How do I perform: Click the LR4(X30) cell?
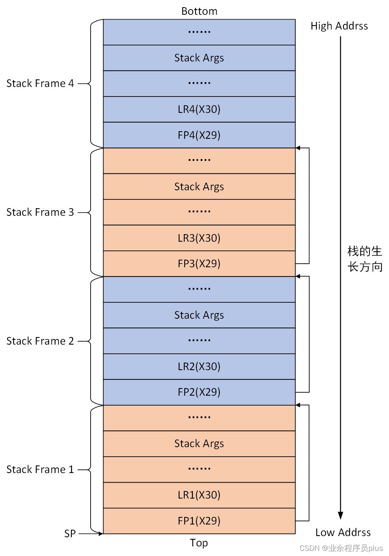click(199, 109)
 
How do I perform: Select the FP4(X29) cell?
click(199, 135)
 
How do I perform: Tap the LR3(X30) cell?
click(199, 238)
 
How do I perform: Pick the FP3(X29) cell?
click(199, 264)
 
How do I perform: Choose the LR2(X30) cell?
click(199, 367)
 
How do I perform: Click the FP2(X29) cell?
click(199, 392)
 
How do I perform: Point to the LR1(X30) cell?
click(199, 495)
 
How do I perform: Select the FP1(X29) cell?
click(199, 521)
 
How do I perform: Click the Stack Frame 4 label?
click(40, 83)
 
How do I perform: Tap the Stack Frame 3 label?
click(40, 212)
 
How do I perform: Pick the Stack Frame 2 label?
click(40, 341)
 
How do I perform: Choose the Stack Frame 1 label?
click(40, 469)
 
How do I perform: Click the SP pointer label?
click(70, 534)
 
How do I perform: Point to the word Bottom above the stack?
click(199, 11)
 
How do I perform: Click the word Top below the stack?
click(199, 543)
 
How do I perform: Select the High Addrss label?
click(339, 26)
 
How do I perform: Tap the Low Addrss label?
click(343, 532)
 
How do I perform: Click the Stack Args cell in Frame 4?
click(199, 58)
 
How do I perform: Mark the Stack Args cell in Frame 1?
click(199, 444)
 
